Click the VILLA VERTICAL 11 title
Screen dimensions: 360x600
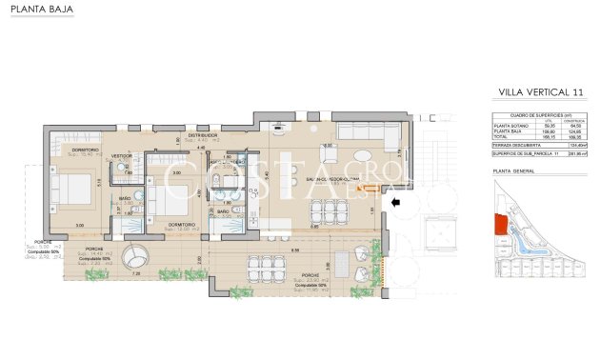tap(540, 91)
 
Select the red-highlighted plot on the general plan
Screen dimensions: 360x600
tap(499, 226)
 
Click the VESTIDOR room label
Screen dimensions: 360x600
tap(122, 154)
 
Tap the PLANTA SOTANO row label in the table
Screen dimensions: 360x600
tap(510, 126)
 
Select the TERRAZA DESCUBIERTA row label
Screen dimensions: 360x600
tap(515, 145)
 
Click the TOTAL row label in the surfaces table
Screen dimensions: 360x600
tap(501, 136)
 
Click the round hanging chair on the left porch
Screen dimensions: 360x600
tap(139, 257)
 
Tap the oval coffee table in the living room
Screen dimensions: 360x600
tap(365, 155)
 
